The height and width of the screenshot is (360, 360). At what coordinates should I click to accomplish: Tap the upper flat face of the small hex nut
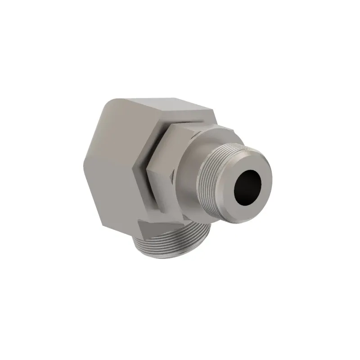click(x=180, y=130)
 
